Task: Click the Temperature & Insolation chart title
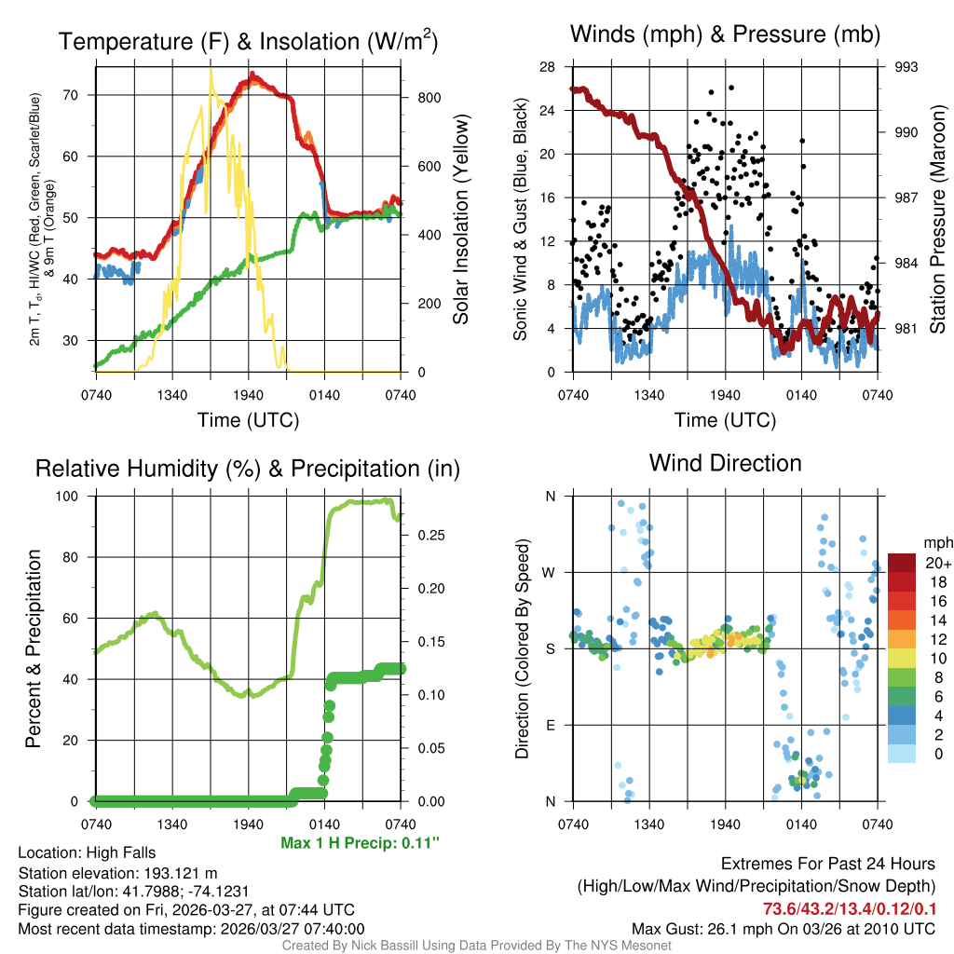tap(248, 41)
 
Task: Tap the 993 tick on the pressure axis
tap(906, 67)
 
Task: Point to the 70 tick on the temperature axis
tap(82, 95)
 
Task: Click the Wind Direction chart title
tap(725, 463)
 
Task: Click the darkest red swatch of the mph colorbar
tap(904, 563)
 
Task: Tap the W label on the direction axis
tap(550, 572)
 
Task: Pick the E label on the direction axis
tap(550, 725)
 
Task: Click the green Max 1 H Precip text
tap(360, 843)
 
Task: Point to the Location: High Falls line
tap(87, 852)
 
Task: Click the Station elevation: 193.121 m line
tap(117, 873)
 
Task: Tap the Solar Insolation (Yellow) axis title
tap(460, 220)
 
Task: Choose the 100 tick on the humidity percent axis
tap(76, 497)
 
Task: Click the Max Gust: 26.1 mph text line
tap(783, 928)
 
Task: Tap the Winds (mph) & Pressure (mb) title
tap(725, 35)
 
